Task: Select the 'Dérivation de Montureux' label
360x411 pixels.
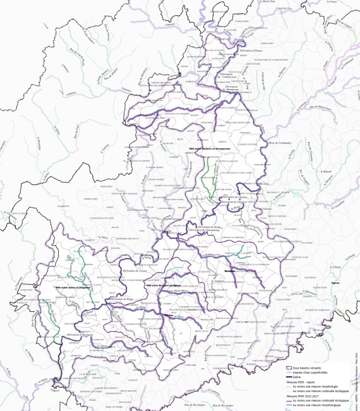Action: point(233,86)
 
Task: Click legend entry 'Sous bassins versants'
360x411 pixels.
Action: point(316,367)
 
